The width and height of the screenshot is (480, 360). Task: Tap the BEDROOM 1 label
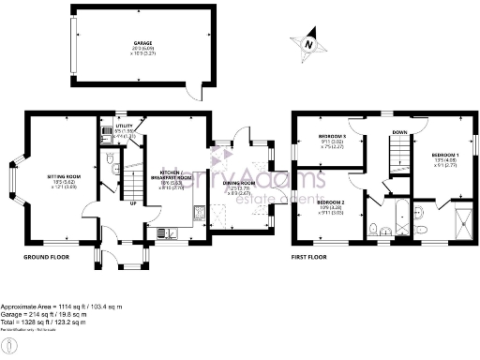click(446, 154)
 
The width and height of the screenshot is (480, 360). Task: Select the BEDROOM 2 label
click(331, 202)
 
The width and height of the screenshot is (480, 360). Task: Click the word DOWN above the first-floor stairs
click(399, 132)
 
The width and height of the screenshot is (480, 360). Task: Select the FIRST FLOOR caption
click(312, 255)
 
